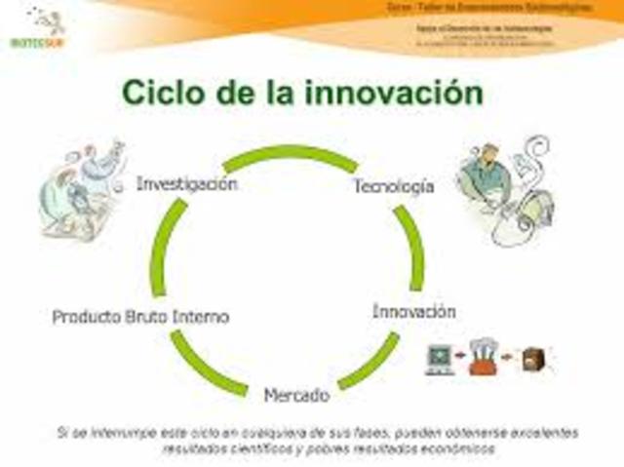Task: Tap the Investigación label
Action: (186, 183)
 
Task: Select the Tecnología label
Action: (393, 186)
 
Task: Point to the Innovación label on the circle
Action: (413, 312)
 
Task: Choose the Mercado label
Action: (296, 397)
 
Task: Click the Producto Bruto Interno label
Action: (140, 317)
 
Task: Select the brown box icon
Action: (533, 358)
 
